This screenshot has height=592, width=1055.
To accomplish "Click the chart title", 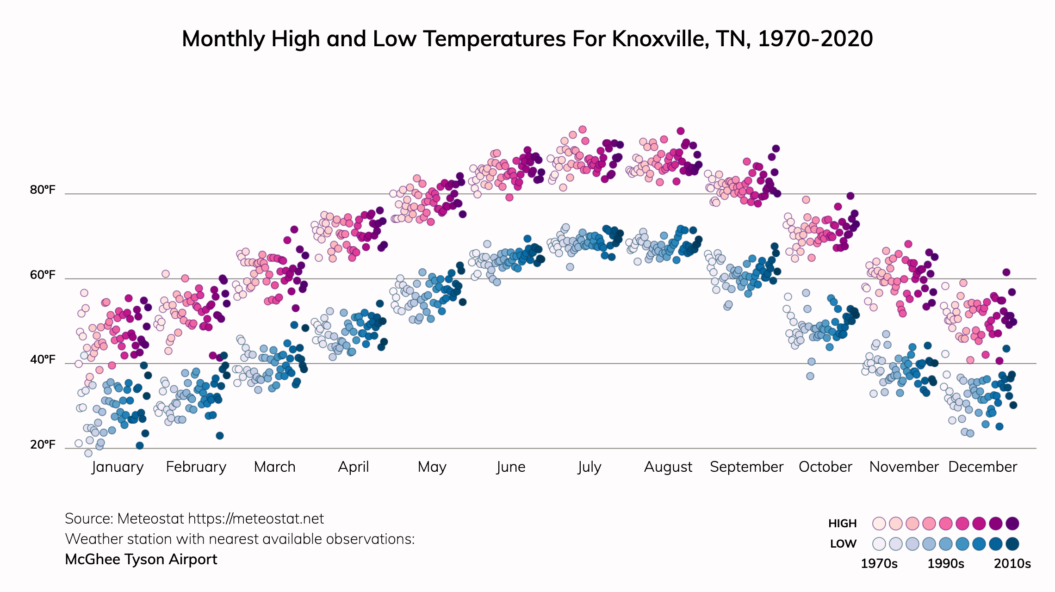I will click(x=527, y=39).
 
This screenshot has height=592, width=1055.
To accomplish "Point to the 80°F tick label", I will click(x=43, y=190).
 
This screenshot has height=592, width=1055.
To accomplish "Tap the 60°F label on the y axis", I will click(x=43, y=275).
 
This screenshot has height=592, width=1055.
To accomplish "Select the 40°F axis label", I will click(x=43, y=360).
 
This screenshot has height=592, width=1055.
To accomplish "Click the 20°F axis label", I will click(x=43, y=445).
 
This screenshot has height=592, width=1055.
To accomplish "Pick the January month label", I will click(x=118, y=467).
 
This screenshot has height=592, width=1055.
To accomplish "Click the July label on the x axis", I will click(x=589, y=467).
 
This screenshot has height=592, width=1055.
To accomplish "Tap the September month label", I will click(x=746, y=467).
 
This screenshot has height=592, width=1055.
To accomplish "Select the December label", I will click(x=982, y=467).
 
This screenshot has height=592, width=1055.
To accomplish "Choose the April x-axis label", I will click(x=354, y=467).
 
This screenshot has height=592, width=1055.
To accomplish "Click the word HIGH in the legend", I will click(x=842, y=524).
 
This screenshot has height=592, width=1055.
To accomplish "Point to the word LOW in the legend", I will click(x=843, y=544).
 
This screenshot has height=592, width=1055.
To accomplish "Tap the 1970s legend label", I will click(x=879, y=564).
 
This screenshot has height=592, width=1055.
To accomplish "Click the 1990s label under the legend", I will click(x=946, y=564).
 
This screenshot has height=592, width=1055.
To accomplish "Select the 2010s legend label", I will click(x=1012, y=564).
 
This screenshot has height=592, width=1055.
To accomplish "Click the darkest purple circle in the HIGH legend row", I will click(x=1012, y=524).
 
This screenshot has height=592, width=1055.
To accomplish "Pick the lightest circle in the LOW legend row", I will click(x=879, y=544).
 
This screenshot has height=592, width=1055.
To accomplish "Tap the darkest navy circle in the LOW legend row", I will click(x=1012, y=544).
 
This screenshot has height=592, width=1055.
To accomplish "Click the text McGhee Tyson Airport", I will click(x=141, y=560).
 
